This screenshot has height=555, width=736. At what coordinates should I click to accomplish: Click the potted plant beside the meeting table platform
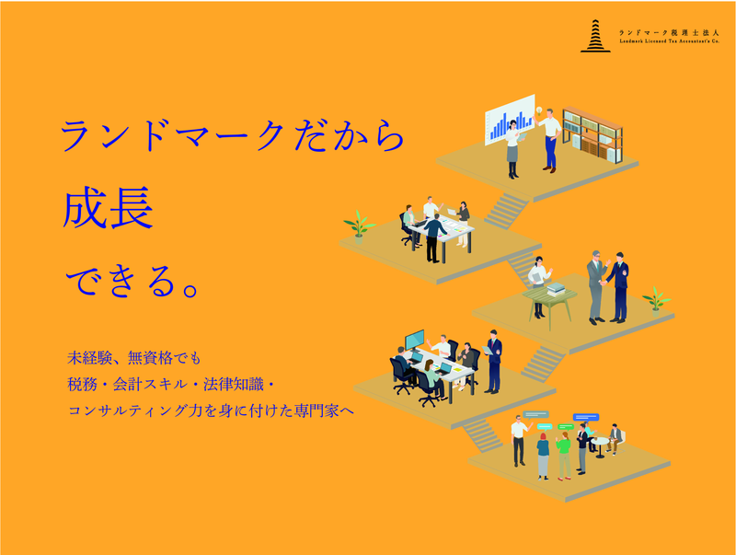coord(358,224)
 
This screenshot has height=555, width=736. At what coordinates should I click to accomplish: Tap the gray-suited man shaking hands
coord(596,285)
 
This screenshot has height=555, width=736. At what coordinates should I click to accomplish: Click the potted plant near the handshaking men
coord(655,297)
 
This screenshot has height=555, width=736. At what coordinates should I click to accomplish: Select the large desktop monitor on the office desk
coord(415,340)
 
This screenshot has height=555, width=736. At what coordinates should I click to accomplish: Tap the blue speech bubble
coord(585,417)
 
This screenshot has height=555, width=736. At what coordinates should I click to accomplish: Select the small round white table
coord(602,444)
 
